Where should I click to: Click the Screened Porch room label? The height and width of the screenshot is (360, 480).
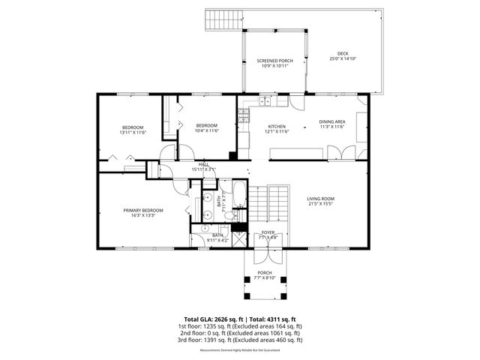(274, 61)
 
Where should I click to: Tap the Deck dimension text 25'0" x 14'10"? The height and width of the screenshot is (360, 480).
(343, 58)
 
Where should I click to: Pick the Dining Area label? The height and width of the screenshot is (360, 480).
(332, 121)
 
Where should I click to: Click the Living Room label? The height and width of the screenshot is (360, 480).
(321, 198)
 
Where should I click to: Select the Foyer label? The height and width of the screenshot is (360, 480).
(267, 232)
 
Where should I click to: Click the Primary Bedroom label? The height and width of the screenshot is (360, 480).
(143, 210)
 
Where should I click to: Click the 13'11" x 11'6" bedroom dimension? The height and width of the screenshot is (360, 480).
(133, 132)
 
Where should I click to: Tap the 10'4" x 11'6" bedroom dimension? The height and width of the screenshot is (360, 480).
(206, 130)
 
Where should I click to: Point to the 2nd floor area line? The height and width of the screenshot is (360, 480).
(240, 333)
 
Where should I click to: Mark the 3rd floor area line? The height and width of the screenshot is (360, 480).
(240, 340)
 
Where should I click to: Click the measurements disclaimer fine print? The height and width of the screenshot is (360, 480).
(240, 350)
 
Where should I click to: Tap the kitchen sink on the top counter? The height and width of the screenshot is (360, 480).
(268, 99)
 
